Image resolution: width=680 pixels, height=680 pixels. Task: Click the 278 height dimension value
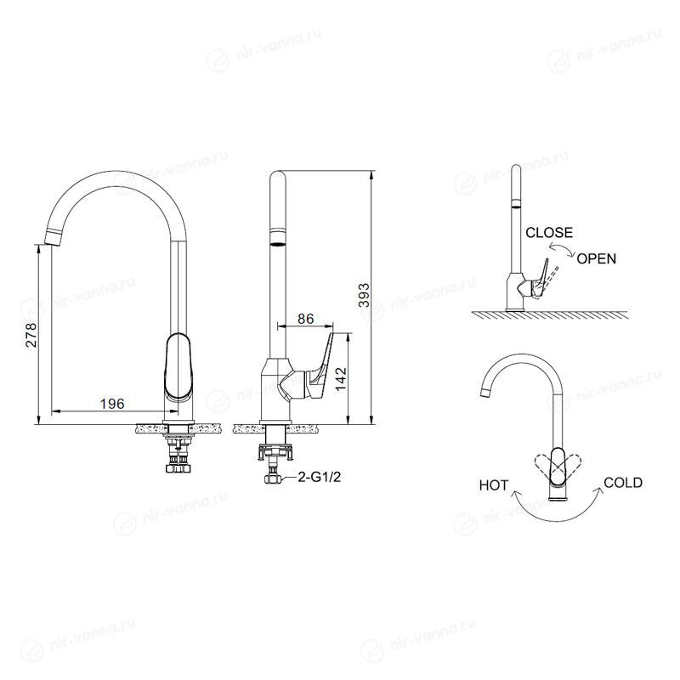(x=31, y=335)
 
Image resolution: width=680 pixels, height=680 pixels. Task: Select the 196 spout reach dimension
(x=112, y=404)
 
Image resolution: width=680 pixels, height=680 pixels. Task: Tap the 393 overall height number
(x=365, y=295)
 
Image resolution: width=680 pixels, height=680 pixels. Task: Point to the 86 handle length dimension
(x=306, y=319)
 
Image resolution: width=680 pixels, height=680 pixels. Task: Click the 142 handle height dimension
(x=342, y=378)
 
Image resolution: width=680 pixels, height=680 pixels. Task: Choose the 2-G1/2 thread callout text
(x=320, y=478)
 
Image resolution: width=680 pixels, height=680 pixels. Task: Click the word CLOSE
(x=549, y=233)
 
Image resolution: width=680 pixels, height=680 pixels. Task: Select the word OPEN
(x=597, y=259)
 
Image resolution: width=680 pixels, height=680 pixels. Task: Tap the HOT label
(x=494, y=485)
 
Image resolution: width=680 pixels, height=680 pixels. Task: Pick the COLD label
(x=623, y=483)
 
